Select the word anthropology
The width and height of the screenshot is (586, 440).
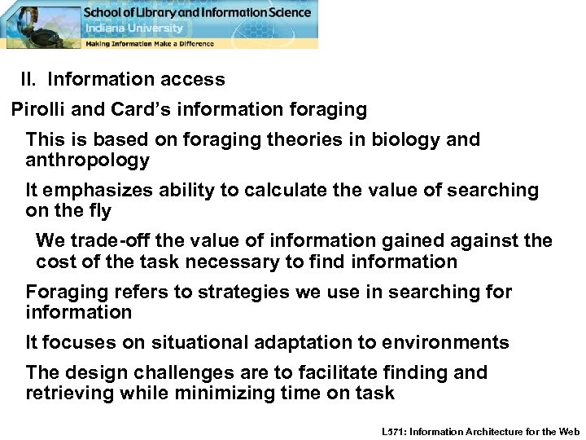(88, 161)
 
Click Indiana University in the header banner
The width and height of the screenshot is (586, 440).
(129, 28)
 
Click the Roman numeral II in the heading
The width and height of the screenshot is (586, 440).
(28, 80)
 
